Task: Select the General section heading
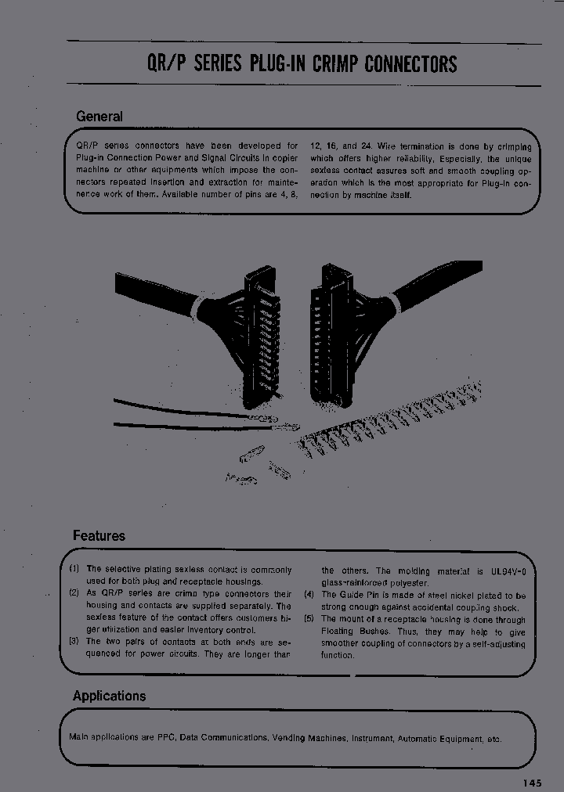click(99, 117)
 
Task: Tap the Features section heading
click(99, 536)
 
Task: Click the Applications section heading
click(109, 696)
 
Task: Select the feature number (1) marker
click(74, 569)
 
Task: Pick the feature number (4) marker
click(309, 595)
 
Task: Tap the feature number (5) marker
click(309, 619)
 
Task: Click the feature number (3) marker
click(74, 642)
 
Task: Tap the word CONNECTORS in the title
click(410, 65)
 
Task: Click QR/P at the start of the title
click(167, 65)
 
